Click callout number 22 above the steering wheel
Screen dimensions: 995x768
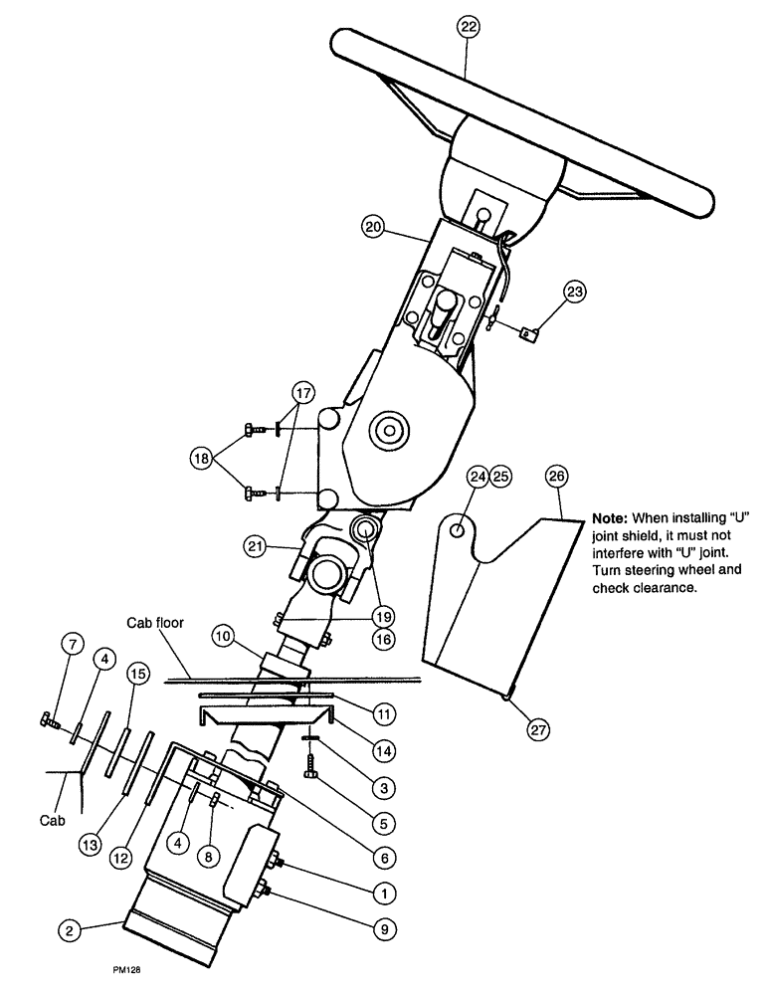tap(467, 28)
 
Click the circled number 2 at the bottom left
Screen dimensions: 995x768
tap(68, 931)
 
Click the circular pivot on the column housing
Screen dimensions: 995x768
tap(385, 432)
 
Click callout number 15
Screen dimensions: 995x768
tap(139, 675)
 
